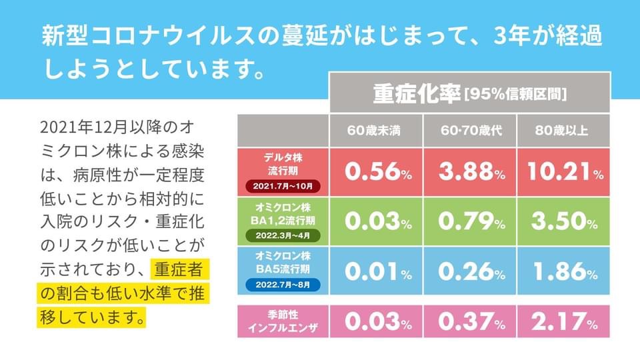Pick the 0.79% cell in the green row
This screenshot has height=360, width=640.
point(469,221)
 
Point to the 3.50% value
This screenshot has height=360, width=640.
point(564,221)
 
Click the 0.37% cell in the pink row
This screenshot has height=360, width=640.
point(469,322)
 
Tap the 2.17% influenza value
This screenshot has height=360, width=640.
point(564,322)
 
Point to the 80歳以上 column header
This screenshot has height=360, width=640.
point(563,131)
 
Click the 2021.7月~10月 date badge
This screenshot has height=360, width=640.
point(283,185)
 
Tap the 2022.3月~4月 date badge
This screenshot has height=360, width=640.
point(283,235)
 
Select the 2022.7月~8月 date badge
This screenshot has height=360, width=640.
point(283,285)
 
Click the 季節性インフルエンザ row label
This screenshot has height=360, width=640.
point(283,322)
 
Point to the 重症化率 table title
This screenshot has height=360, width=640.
point(416,93)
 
